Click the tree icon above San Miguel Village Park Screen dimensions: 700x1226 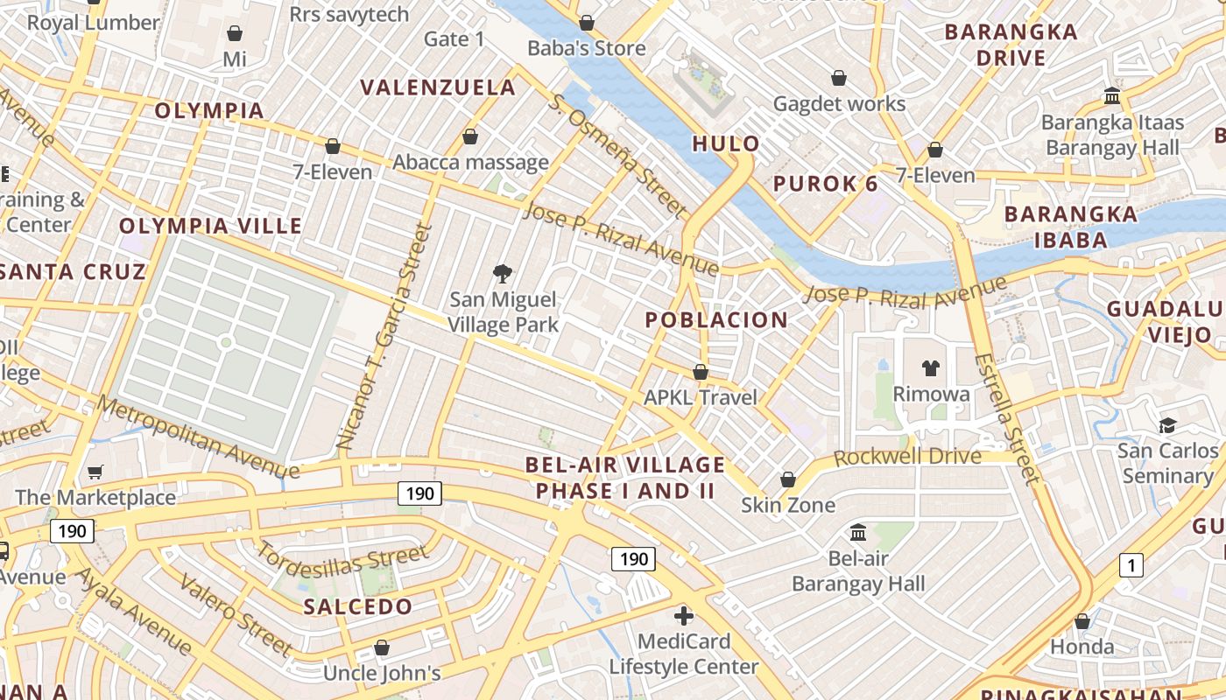click(503, 275)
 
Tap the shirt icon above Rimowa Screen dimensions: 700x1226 click(930, 368)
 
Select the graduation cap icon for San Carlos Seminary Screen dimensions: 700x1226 click(1167, 426)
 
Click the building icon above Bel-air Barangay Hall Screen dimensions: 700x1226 click(858, 532)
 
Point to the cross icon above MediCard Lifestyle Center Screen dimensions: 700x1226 click(683, 616)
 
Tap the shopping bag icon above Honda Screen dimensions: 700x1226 click(1082, 621)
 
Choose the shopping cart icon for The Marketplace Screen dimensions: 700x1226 click(95, 472)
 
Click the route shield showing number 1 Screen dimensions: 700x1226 click(1131, 566)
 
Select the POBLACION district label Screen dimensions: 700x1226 click(716, 320)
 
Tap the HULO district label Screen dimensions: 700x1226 click(726, 144)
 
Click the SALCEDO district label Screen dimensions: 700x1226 click(357, 607)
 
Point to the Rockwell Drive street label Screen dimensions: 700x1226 click(907, 457)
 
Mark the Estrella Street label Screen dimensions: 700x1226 click(1007, 418)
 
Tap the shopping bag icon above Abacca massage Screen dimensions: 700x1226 click(470, 137)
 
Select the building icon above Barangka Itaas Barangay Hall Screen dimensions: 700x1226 click(1112, 95)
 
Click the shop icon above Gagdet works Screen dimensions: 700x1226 click(839, 79)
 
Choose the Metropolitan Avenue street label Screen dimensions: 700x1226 click(197, 437)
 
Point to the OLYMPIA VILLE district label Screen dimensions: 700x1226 click(210, 226)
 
